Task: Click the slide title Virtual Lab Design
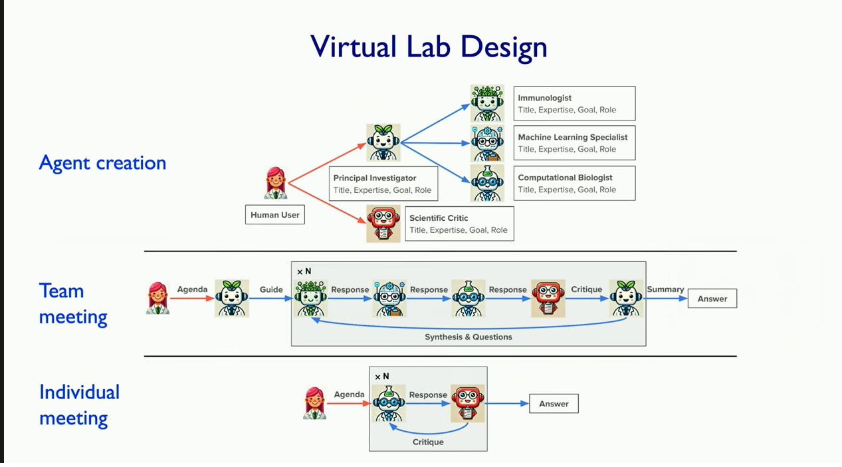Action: (x=429, y=47)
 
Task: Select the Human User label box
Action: (x=274, y=215)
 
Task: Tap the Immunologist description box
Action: (x=576, y=104)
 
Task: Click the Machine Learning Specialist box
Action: (x=576, y=143)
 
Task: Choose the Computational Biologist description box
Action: (x=576, y=184)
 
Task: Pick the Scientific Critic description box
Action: (x=459, y=224)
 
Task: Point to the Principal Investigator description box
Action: (x=383, y=184)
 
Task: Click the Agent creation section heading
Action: (x=102, y=162)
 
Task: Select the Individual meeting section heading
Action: (x=79, y=404)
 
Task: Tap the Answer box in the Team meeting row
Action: (x=712, y=299)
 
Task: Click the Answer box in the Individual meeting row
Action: (x=554, y=404)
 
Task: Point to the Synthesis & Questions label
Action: (x=469, y=337)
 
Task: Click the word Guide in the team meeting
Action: (x=271, y=289)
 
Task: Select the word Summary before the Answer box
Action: (x=665, y=289)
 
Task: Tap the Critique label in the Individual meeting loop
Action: (x=428, y=442)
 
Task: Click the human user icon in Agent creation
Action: (x=276, y=183)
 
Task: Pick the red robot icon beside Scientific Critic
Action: (x=383, y=224)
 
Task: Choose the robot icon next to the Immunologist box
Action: (x=487, y=103)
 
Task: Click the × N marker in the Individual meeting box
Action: (x=381, y=377)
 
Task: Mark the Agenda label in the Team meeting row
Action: (x=192, y=289)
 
